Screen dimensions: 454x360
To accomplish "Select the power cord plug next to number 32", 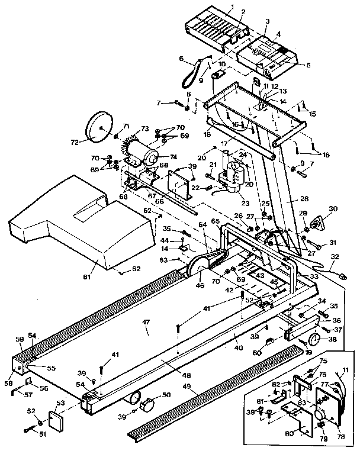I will (343, 274).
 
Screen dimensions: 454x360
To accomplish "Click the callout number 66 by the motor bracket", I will (159, 200).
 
